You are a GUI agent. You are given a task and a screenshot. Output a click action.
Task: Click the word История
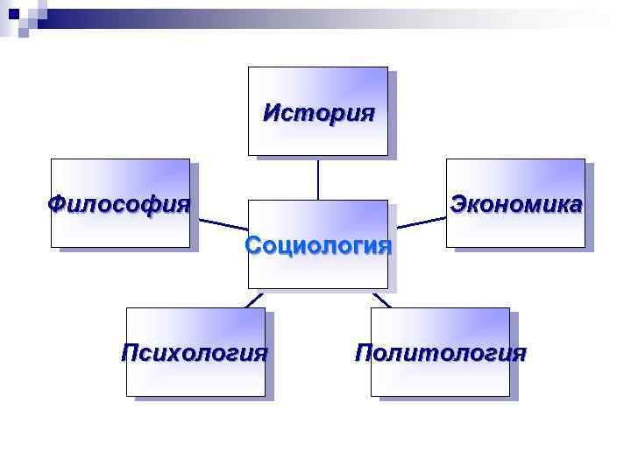(x=318, y=112)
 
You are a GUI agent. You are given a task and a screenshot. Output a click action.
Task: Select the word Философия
(x=118, y=204)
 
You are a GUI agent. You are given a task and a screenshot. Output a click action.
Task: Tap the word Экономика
(x=515, y=204)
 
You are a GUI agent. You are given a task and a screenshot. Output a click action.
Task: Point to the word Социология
(x=318, y=244)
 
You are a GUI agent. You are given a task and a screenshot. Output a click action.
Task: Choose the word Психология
(x=194, y=353)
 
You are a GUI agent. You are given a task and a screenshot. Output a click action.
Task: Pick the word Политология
(x=440, y=353)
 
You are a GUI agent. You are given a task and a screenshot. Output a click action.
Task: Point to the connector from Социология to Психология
(x=253, y=299)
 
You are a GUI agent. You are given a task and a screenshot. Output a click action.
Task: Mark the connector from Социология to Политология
(x=381, y=299)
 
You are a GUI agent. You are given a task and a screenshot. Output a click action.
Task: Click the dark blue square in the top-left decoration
(x=12, y=13)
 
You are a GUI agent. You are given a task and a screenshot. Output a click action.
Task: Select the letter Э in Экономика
(x=457, y=204)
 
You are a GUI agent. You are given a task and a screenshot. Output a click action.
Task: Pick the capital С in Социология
(x=253, y=244)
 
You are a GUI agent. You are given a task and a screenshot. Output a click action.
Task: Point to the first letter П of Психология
(x=130, y=353)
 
